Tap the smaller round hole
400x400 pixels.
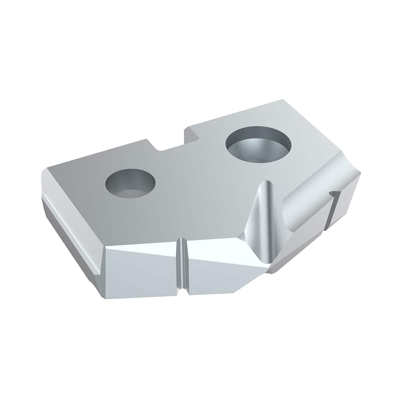coord(130,184)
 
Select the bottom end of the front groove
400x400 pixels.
coord(182,292)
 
